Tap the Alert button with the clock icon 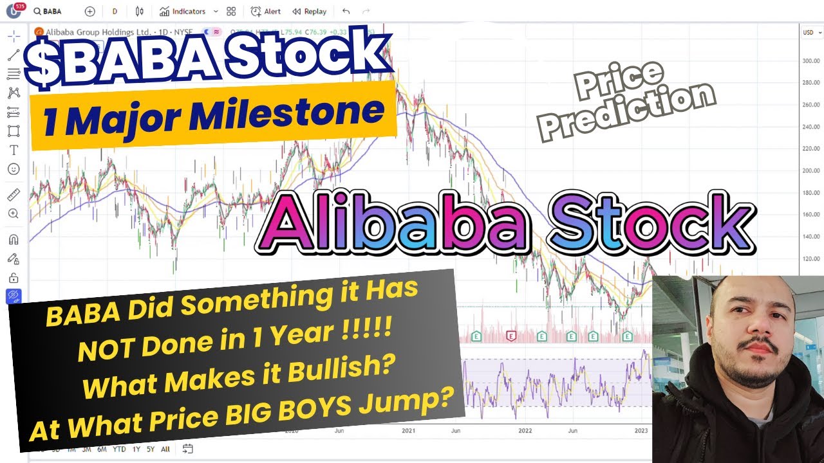click(266, 12)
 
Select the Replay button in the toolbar click(309, 12)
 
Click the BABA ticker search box click(55, 12)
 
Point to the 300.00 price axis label click(811, 60)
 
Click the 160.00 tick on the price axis click(811, 214)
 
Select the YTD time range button click(119, 449)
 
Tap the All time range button click(165, 449)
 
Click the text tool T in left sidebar click(14, 150)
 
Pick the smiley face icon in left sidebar click(14, 169)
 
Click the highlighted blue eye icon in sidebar click(14, 296)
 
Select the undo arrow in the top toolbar click(346, 12)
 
